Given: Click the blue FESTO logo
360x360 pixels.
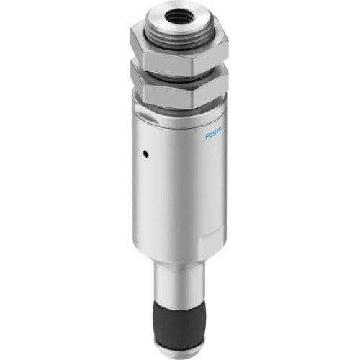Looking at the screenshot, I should coord(214,132).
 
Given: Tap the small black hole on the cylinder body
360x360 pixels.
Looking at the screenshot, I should coord(144,153).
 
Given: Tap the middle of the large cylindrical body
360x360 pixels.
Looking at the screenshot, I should coord(176,187).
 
